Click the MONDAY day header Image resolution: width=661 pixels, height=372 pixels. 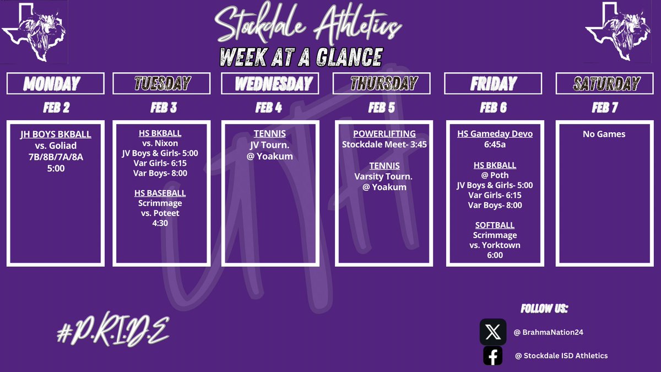point(55,84)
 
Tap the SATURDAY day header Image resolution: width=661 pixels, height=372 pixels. point(605,84)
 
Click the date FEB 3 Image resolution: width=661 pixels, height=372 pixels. point(164,107)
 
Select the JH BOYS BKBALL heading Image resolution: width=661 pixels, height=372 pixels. point(55,134)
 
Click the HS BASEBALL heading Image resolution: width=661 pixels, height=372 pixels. point(160,193)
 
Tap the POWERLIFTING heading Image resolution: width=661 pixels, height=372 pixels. point(384,134)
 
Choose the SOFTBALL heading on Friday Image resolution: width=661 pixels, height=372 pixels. point(495,225)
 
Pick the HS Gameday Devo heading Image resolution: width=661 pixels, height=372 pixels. point(495,134)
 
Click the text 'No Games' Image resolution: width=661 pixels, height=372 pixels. point(604,134)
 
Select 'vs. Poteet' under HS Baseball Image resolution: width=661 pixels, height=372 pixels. point(160,213)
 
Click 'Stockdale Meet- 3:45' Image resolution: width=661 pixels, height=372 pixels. point(384,144)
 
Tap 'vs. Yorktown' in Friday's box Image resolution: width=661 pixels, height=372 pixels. point(495,245)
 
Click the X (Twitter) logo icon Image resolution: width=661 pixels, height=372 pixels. point(493,332)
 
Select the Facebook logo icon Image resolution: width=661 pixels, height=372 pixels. point(493,356)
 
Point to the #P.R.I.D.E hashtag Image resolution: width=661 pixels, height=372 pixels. point(113,331)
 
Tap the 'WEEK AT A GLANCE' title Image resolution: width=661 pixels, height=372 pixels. point(300,57)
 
